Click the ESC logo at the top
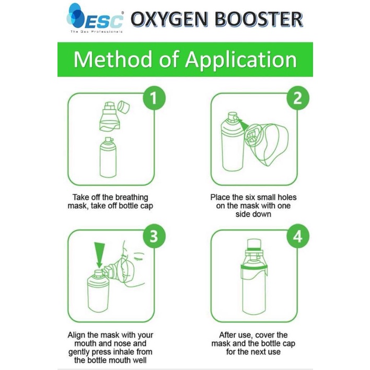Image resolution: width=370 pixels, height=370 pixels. click(95, 18)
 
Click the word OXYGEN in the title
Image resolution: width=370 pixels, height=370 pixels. click(169, 19)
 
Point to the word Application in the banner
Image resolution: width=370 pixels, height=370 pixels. click(241, 60)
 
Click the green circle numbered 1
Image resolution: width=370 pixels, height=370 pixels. click(154, 98)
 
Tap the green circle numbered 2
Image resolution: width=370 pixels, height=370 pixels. click(297, 98)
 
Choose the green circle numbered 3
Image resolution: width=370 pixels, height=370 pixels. click(154, 236)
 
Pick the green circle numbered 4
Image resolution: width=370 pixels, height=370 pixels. click(297, 236)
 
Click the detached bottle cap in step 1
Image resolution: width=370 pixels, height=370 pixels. click(123, 107)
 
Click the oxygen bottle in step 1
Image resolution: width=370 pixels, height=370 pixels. click(108, 157)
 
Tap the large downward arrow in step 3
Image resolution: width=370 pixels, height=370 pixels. click(99, 255)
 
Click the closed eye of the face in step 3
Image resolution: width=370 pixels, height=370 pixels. click(138, 258)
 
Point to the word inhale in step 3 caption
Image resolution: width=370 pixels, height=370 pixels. click(120, 352)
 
